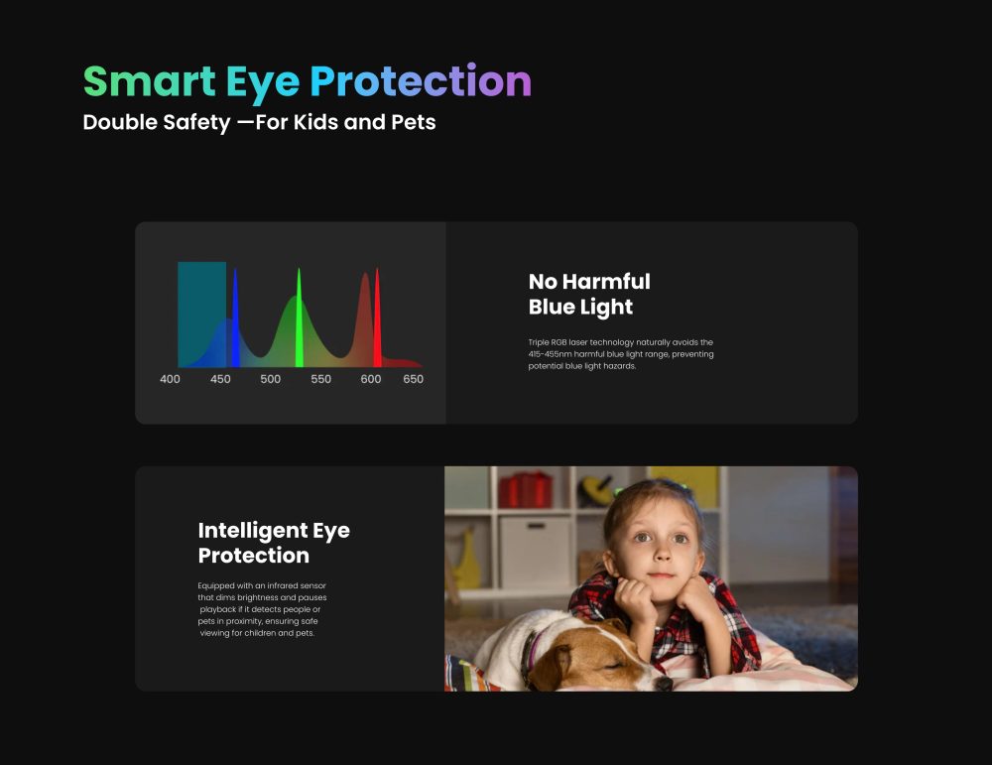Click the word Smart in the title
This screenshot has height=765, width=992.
click(x=150, y=81)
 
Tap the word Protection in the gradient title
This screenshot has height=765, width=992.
click(x=421, y=81)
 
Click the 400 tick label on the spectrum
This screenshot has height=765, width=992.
click(x=170, y=379)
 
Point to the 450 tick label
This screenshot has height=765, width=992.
click(x=220, y=379)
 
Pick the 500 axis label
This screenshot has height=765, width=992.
click(x=270, y=379)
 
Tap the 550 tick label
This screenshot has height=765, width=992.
click(x=320, y=379)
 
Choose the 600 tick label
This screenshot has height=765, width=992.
click(x=371, y=379)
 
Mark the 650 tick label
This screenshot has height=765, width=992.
click(x=413, y=379)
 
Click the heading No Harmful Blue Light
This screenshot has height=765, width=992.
click(x=589, y=294)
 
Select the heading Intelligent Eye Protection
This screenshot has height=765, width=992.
click(x=274, y=543)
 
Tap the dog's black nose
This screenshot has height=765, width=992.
click(x=663, y=683)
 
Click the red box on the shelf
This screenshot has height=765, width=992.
click(x=525, y=490)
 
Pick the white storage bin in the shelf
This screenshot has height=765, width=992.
click(x=536, y=552)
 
